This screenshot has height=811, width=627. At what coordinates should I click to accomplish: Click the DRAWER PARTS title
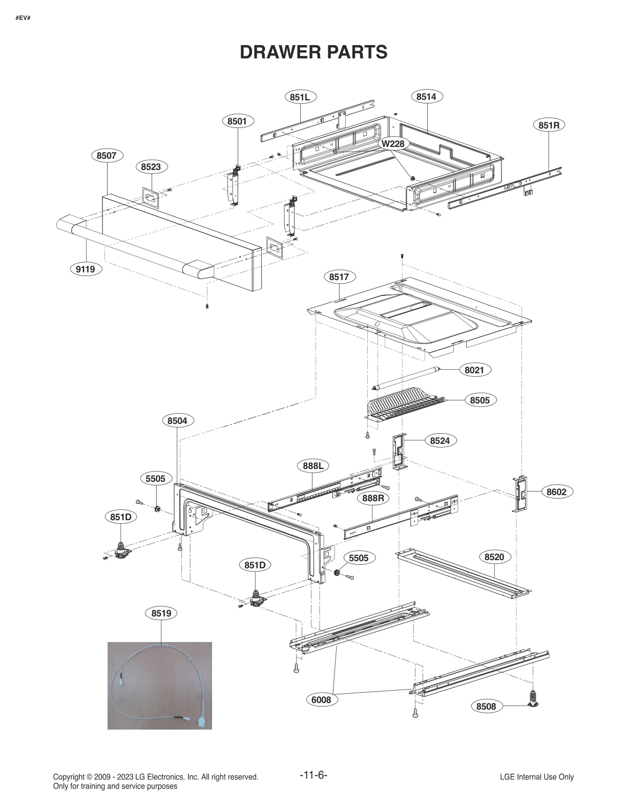(313, 52)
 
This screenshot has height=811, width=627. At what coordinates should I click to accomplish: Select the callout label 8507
(107, 155)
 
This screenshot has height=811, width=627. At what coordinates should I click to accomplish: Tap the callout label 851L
(300, 97)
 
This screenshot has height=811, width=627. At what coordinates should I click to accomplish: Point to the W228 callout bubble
(393, 144)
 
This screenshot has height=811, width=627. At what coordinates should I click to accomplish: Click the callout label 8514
(426, 97)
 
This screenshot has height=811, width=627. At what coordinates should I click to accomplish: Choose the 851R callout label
(549, 125)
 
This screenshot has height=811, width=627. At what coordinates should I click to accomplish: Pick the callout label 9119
(86, 269)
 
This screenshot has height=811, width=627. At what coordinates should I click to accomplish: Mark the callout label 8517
(339, 277)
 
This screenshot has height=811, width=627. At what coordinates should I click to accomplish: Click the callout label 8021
(474, 370)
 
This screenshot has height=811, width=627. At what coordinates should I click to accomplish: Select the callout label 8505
(480, 400)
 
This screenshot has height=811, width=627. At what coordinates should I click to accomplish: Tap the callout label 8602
(556, 492)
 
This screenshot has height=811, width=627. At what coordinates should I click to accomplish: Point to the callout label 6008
(322, 700)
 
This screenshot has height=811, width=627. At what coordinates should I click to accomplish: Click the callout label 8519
(161, 613)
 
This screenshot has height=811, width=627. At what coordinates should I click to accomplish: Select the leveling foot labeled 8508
(533, 699)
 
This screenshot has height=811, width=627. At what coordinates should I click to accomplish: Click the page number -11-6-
(313, 775)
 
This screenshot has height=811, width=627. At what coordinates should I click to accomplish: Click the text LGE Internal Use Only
(536, 777)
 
